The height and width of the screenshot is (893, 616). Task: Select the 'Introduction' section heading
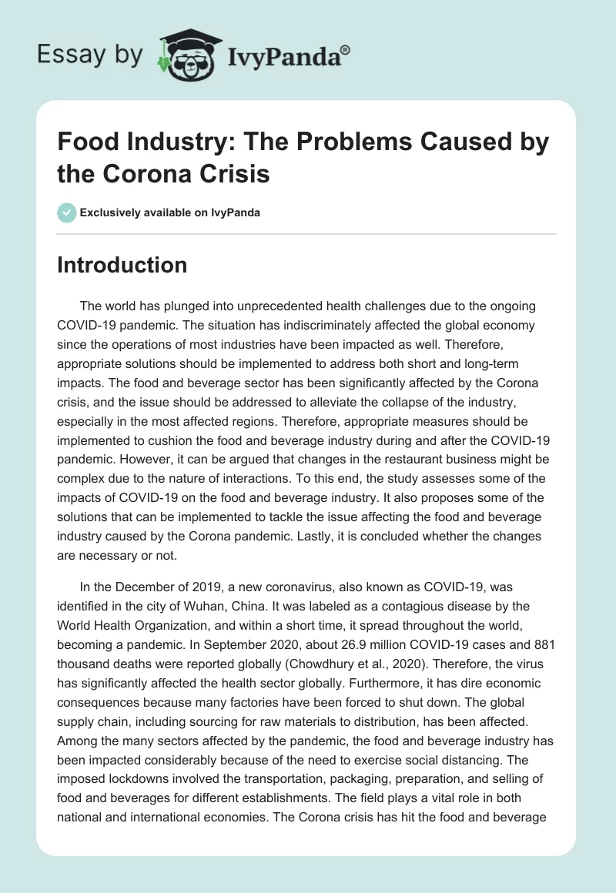[x=122, y=265]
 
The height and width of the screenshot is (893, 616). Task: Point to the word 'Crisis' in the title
[x=230, y=174]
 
